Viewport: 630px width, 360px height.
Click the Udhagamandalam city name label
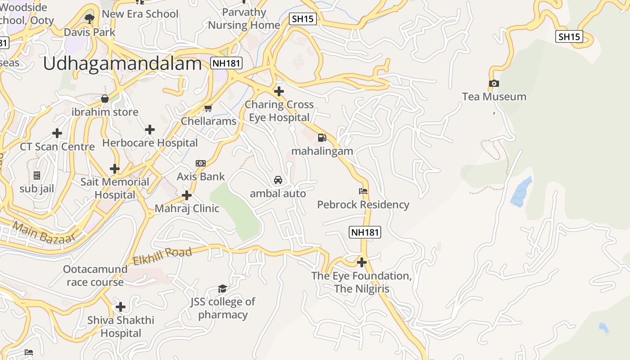[x=122, y=64]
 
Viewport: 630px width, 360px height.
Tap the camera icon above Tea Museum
[x=494, y=83]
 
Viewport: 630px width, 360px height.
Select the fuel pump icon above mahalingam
[x=322, y=138]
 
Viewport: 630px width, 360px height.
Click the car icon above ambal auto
[x=278, y=180]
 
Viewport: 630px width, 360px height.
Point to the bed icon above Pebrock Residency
[x=363, y=191]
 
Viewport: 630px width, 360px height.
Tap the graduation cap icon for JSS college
[x=222, y=288]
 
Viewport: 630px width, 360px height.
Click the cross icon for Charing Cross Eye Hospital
[x=279, y=91]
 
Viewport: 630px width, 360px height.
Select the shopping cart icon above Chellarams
[x=208, y=108]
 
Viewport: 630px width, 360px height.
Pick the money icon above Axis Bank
[x=201, y=163]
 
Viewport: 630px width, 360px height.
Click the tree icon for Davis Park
[x=89, y=18]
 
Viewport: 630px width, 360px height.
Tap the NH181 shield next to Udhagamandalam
[x=226, y=63]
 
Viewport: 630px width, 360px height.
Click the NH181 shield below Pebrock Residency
[x=365, y=232]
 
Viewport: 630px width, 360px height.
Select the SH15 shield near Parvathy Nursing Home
[x=302, y=19]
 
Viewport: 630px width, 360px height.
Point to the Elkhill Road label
[x=162, y=256]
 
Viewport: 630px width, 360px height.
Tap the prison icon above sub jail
[x=37, y=175]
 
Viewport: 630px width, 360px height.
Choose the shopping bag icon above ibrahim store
[x=105, y=99]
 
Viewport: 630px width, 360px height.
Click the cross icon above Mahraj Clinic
[x=187, y=195]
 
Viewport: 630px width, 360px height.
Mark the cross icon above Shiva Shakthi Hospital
[x=121, y=307]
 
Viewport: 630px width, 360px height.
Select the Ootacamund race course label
[x=95, y=275]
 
